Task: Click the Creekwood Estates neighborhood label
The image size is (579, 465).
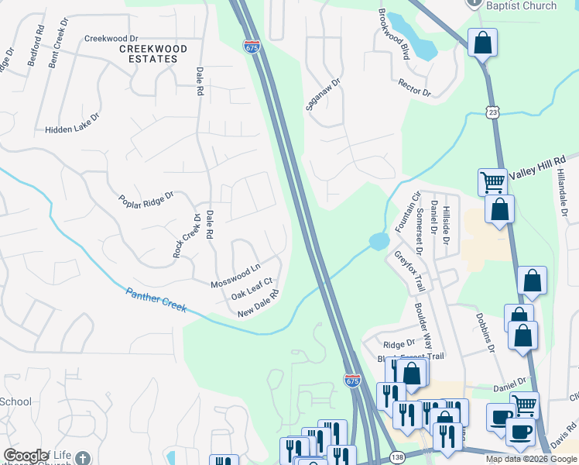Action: (153, 54)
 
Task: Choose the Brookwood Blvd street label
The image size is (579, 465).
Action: (393, 35)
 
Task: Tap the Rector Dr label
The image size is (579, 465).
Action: (414, 88)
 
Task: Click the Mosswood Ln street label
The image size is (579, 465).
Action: (235, 276)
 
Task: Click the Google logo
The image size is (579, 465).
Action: (26, 455)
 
